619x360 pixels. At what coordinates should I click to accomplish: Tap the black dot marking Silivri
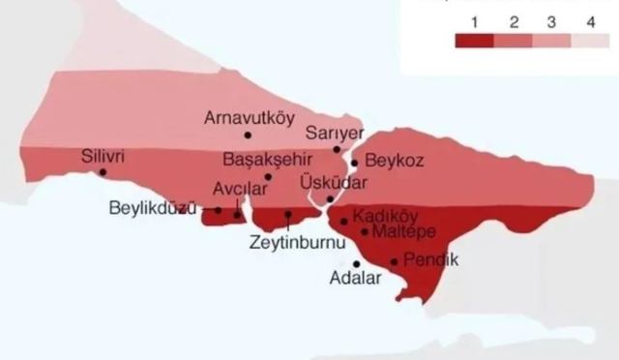click(103, 172)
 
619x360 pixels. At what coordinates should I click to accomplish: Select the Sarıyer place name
click(334, 133)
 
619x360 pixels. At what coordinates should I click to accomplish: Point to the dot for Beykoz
click(355, 163)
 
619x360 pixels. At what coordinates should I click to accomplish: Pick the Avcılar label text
click(238, 189)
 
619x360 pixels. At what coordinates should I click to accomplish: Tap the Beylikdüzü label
click(153, 208)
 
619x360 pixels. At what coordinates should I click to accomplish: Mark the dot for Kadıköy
click(344, 221)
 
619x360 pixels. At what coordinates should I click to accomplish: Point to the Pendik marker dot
click(394, 261)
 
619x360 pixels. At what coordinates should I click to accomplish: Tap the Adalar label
click(356, 279)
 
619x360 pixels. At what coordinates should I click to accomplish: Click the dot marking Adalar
click(357, 263)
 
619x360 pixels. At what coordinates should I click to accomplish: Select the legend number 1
click(474, 21)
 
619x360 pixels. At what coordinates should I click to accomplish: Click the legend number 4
click(589, 21)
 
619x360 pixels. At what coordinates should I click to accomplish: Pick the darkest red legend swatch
click(474, 41)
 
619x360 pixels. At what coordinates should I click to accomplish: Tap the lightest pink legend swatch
click(589, 41)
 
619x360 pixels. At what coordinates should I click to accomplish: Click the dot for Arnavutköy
click(248, 135)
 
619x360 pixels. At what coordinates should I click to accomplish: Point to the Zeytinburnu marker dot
click(288, 214)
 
